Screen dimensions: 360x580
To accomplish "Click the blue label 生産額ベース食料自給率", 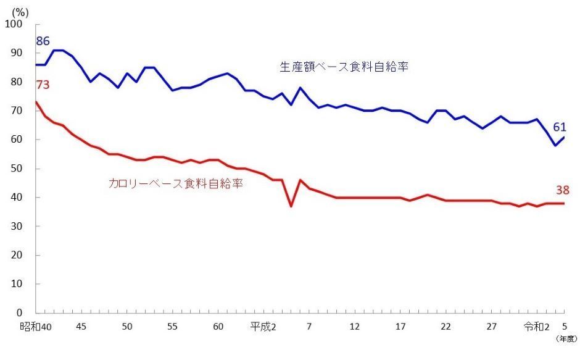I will tap(344, 67).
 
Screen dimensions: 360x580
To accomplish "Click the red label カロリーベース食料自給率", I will tap(175, 183).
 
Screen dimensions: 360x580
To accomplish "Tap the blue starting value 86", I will tap(43, 41).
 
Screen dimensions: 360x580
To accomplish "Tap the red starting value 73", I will tap(43, 85).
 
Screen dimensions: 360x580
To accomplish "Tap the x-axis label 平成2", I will tap(263, 326).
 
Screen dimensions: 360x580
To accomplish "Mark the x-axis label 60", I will tap(218, 326).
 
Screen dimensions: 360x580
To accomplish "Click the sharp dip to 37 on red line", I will tap(291, 206).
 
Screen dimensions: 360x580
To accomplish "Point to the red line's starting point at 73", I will tap(36, 102).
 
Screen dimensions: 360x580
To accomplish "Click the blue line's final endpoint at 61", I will tap(564, 136).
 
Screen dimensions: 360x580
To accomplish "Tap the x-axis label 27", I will tap(491, 326).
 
